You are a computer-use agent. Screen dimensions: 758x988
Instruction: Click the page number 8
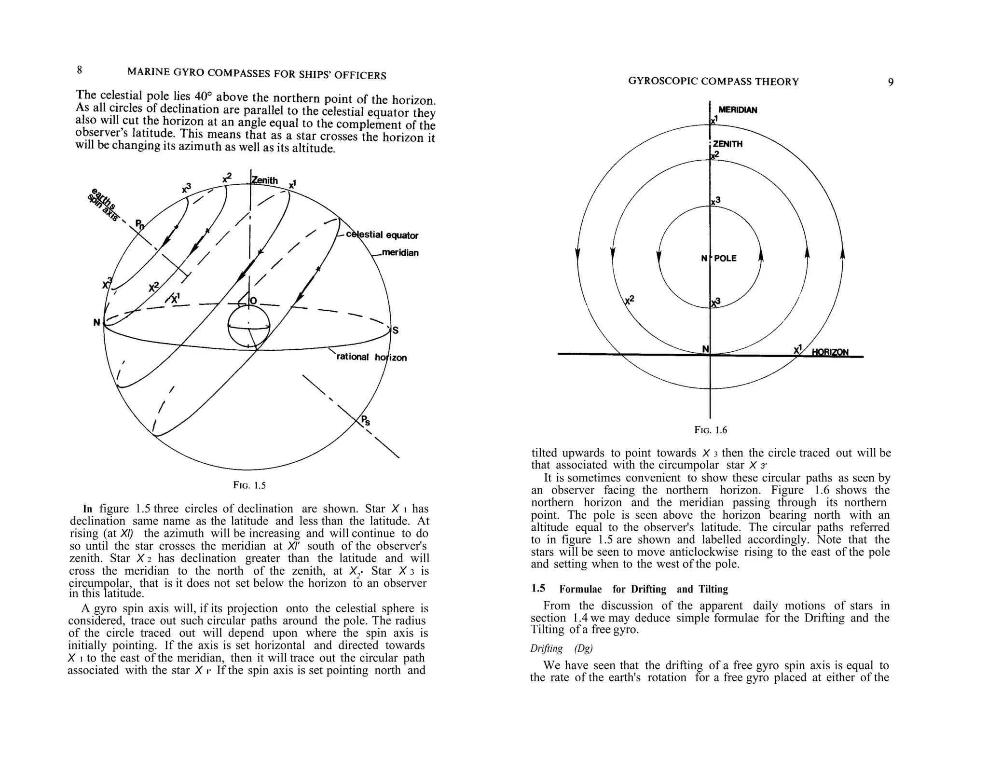[80, 70]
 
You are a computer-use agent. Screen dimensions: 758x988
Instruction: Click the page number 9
[891, 82]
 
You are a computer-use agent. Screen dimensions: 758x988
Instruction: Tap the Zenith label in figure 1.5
[265, 180]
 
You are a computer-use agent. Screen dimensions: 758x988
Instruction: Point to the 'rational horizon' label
[371, 357]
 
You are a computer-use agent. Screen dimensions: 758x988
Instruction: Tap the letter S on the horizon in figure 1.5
[396, 331]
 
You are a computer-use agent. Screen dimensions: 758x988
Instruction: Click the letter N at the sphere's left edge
[97, 322]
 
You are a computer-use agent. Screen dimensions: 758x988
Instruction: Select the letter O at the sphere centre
[253, 302]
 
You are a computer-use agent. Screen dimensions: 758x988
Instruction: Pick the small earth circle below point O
[248, 327]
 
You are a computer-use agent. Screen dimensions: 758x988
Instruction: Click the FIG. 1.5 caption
[249, 485]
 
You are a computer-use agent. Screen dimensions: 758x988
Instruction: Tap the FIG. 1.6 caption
[711, 430]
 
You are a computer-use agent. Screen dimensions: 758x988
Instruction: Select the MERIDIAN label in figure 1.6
[738, 110]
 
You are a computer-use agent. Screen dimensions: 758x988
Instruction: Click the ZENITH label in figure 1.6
[727, 144]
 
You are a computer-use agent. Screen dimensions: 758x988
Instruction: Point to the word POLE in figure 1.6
[725, 258]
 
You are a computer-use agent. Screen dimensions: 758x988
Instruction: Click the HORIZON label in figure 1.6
[830, 352]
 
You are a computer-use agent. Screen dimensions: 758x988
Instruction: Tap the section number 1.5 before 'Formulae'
[538, 588]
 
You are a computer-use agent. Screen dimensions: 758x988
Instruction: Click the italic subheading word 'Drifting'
[547, 648]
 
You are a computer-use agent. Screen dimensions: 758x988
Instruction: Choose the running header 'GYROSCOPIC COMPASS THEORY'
[713, 82]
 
